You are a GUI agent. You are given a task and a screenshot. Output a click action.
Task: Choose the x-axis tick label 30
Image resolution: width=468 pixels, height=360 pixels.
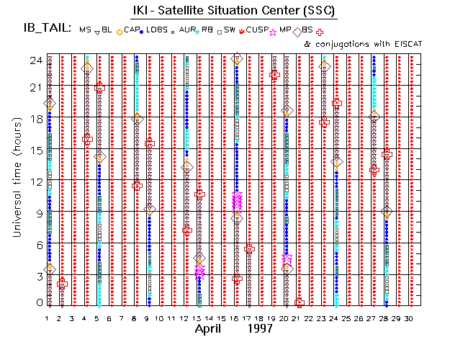coord(408,318)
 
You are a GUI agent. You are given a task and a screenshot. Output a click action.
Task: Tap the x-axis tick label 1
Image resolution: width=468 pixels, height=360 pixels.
coord(48,318)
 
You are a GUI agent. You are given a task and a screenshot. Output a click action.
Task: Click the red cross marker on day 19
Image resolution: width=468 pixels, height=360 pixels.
coord(274,75)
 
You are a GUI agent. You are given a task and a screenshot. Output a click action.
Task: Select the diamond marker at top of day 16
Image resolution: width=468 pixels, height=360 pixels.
coord(238,59)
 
